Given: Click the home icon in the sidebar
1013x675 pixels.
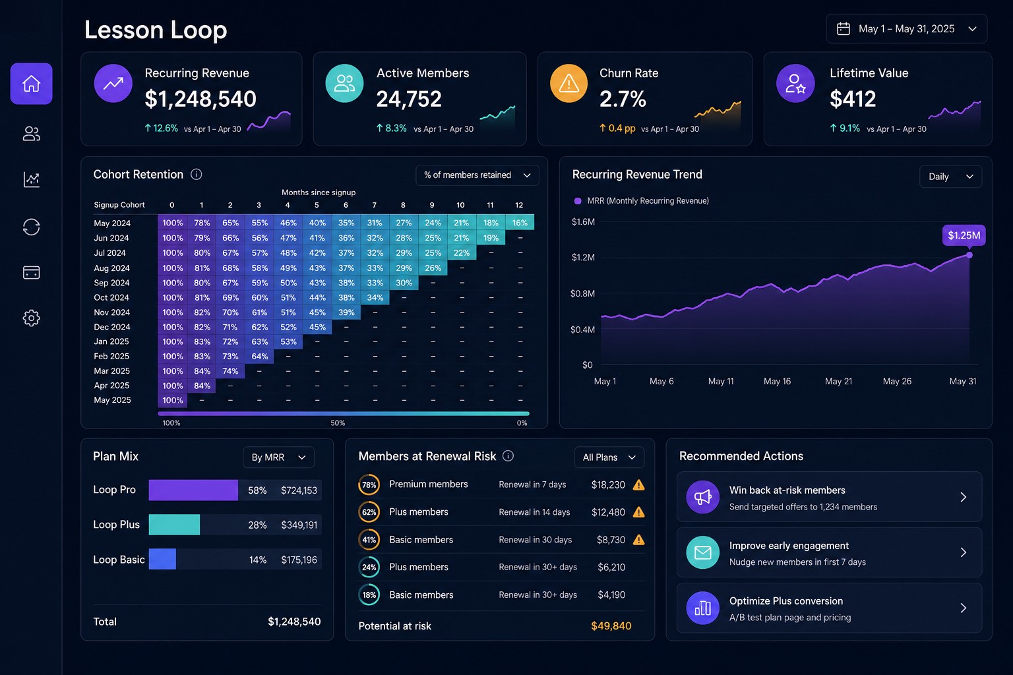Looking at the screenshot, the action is (x=31, y=84).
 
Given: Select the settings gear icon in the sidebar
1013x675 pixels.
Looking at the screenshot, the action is (x=31, y=318).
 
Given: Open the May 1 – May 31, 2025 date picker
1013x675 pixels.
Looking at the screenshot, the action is (x=906, y=29).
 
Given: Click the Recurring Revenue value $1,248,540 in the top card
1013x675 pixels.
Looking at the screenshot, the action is (x=200, y=99).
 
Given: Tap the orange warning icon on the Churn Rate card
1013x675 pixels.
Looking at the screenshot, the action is (x=568, y=84).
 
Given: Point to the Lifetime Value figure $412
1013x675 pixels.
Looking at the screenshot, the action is (x=853, y=99).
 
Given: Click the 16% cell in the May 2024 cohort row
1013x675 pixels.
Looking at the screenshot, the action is (x=520, y=222).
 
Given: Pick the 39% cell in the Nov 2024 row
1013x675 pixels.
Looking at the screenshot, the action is (x=346, y=312).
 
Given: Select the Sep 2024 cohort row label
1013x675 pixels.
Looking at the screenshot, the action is (x=111, y=283).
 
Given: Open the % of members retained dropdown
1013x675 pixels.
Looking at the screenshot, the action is (x=477, y=175).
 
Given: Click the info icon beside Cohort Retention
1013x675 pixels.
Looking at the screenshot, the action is (x=197, y=175).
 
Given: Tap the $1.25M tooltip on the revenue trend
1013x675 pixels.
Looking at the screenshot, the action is (x=964, y=235).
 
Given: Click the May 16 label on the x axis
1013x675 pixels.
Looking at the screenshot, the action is (x=777, y=381).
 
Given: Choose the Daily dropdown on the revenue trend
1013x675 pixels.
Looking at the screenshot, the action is (x=950, y=176).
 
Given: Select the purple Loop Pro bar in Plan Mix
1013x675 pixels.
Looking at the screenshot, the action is (x=193, y=490).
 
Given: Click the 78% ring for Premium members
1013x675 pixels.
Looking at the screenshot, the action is (x=369, y=484).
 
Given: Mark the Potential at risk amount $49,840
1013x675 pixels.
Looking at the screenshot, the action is (x=611, y=626).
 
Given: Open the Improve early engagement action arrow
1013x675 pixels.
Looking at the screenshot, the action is (x=964, y=552).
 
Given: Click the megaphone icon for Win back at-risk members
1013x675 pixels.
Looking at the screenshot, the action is (x=703, y=497).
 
